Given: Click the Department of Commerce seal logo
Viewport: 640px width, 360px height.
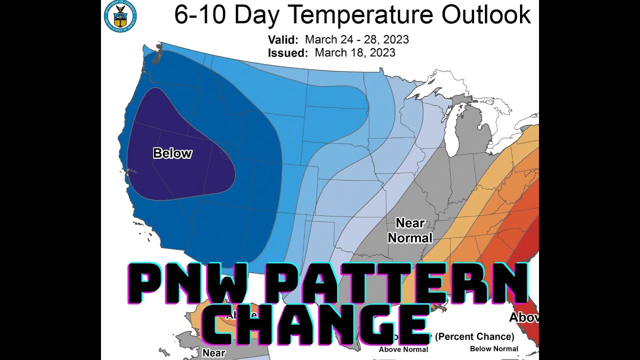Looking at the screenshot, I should pyautogui.click(x=120, y=15).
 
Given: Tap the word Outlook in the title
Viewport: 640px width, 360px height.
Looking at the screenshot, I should pyautogui.click(x=486, y=15).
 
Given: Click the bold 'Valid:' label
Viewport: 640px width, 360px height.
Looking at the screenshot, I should pyautogui.click(x=283, y=39).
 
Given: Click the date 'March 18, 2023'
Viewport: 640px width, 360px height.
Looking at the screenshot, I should pyautogui.click(x=355, y=52).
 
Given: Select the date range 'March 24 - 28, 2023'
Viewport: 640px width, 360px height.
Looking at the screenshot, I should pyautogui.click(x=356, y=39).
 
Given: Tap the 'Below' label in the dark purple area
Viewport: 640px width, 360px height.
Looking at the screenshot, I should pyautogui.click(x=172, y=153).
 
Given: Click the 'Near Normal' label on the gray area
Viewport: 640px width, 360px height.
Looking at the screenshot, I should pyautogui.click(x=410, y=230).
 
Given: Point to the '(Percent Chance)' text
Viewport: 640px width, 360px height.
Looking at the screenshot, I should pyautogui.click(x=475, y=336).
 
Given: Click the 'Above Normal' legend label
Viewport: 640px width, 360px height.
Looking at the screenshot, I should pyautogui.click(x=403, y=349).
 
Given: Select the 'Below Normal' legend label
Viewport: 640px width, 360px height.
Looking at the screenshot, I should pyautogui.click(x=494, y=348).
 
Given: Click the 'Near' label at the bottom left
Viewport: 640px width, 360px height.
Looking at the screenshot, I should pyautogui.click(x=214, y=352).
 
